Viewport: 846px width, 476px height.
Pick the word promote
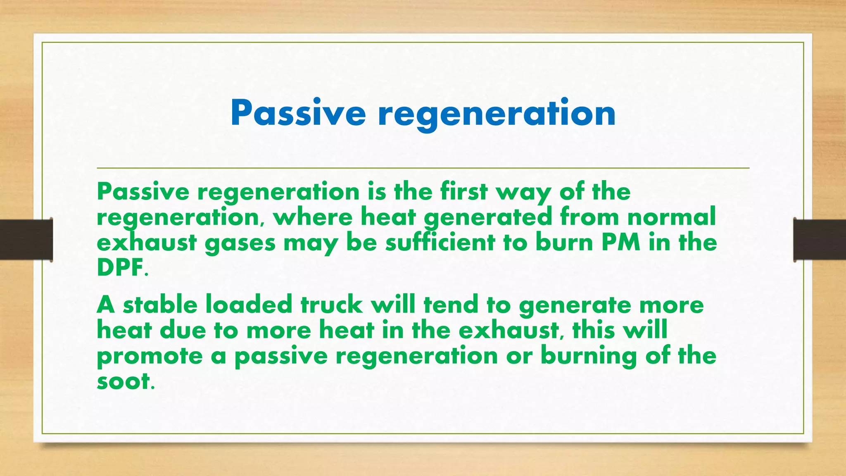[x=150, y=356]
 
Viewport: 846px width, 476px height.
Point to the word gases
[x=240, y=243]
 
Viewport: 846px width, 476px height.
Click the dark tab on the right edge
[x=820, y=240]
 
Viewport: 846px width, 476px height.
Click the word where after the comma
[x=313, y=217]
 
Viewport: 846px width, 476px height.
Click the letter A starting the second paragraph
[x=106, y=305]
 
